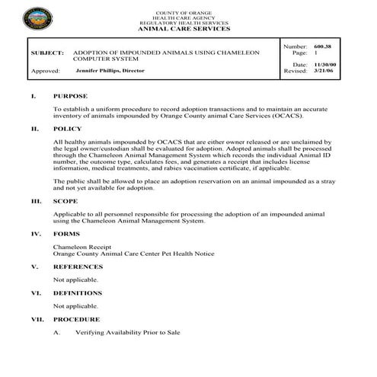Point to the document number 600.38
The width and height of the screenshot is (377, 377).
click(326, 47)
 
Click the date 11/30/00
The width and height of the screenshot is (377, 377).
click(326, 65)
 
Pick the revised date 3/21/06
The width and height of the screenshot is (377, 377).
click(324, 72)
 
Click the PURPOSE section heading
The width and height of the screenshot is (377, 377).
click(70, 97)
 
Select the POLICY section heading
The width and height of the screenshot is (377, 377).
click(68, 129)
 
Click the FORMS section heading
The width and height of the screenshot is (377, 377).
click(66, 234)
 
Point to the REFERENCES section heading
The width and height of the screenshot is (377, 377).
click(77, 267)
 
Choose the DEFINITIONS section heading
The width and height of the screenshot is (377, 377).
click(78, 292)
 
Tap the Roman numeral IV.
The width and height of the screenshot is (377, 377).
click(35, 234)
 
